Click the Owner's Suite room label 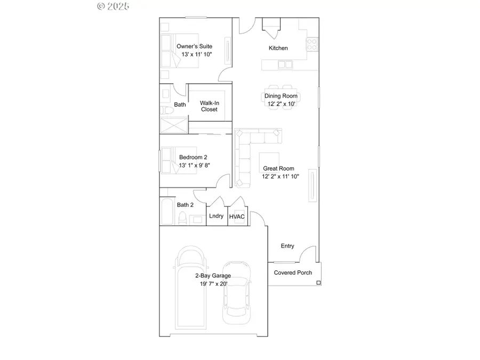(x=194, y=46)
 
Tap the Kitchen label (x=278, y=48)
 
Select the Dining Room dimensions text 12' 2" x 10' (x=281, y=104)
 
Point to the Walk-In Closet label (x=209, y=106)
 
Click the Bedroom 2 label (x=193, y=157)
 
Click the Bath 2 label (x=185, y=205)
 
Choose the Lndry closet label (x=216, y=216)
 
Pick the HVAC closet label (x=237, y=217)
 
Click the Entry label (x=287, y=246)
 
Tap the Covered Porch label (x=293, y=273)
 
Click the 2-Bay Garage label (x=212, y=276)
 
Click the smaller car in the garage (x=237, y=293)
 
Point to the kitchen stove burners (x=312, y=42)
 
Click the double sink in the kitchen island (x=285, y=65)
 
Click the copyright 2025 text (x=113, y=6)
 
